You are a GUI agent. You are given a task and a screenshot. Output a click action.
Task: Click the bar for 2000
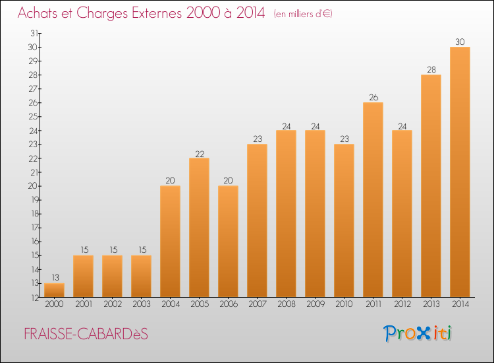point(54,290)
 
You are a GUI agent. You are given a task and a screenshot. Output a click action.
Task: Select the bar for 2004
point(170,241)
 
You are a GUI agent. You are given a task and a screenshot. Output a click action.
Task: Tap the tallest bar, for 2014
point(460,172)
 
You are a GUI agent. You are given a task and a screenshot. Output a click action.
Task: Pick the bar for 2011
point(373,199)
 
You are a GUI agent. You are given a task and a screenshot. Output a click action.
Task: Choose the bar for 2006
point(228,241)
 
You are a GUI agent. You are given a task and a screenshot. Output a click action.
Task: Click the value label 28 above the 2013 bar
point(431,69)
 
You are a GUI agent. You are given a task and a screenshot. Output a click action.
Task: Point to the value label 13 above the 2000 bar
point(54,278)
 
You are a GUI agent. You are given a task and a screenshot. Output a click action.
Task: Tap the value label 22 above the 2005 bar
point(199,153)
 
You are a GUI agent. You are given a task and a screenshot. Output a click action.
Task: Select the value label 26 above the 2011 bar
point(373,98)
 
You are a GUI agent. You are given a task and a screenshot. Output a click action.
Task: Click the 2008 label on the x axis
point(286,305)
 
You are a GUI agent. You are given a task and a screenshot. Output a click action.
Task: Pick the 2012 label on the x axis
point(402,305)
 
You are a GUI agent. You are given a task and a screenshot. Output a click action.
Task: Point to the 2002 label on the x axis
point(112,305)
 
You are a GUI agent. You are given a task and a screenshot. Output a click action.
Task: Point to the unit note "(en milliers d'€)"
point(302,14)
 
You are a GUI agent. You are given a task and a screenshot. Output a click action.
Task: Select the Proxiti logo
point(418,333)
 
